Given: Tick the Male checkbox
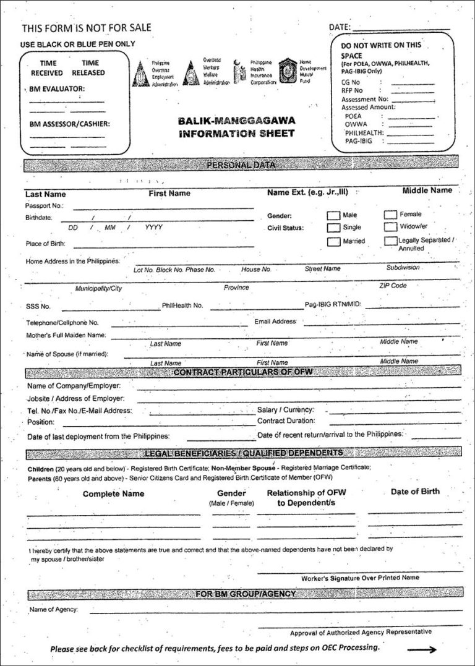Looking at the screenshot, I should [x=333, y=215].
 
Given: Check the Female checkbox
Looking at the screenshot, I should [x=390, y=215].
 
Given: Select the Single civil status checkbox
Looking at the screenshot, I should [x=333, y=228].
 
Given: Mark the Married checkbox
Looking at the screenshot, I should [x=333, y=241].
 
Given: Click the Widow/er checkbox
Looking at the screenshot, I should [x=390, y=227].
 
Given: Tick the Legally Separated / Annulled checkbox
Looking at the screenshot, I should [x=390, y=241].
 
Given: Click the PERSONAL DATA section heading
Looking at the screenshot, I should [x=241, y=165].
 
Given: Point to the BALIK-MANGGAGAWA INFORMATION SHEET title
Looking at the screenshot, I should [x=237, y=127].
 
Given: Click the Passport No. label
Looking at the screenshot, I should [x=44, y=205].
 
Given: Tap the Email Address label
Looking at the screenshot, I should [x=275, y=322].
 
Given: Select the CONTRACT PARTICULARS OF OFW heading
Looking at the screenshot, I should [x=242, y=372].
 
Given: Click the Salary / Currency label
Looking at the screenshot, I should [x=285, y=410].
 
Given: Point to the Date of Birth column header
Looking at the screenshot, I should [x=415, y=492].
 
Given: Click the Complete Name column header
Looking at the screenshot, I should [x=113, y=493].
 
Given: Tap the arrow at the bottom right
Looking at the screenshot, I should [x=422, y=649].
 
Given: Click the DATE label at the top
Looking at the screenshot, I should [x=340, y=28].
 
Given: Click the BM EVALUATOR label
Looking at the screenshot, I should [x=57, y=89].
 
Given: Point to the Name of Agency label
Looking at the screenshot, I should [x=53, y=610].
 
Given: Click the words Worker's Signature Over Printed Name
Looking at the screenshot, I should [x=360, y=578].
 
